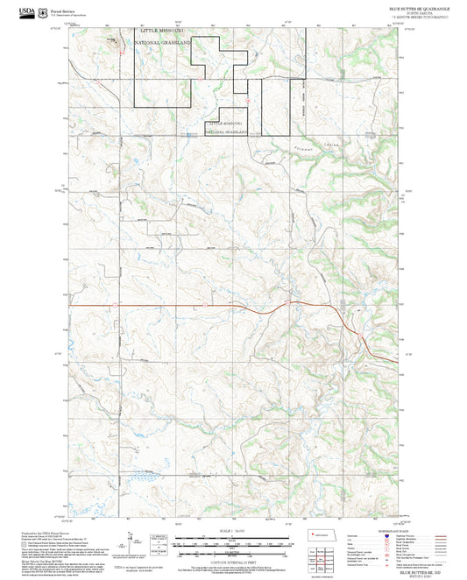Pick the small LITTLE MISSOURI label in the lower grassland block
pyautogui.click(x=225, y=124)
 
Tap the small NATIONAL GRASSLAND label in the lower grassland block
pyautogui.click(x=227, y=132)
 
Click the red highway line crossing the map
pyautogui.click(x=175, y=304)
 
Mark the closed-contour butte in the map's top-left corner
pyautogui.click(x=109, y=40)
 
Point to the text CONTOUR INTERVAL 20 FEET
pyautogui.click(x=233, y=559)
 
